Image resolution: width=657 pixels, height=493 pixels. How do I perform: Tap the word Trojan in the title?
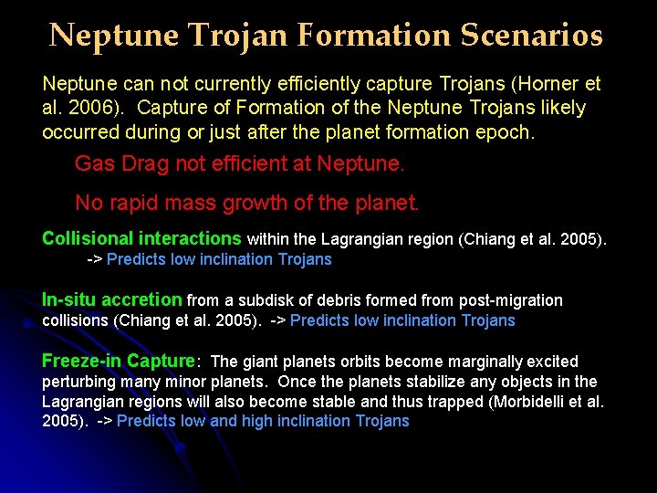point(229,36)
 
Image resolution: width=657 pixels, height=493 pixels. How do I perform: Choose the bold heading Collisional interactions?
point(141,239)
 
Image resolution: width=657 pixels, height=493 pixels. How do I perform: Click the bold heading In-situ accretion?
point(112,300)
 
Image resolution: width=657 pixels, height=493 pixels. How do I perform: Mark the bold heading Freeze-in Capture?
point(119,362)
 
